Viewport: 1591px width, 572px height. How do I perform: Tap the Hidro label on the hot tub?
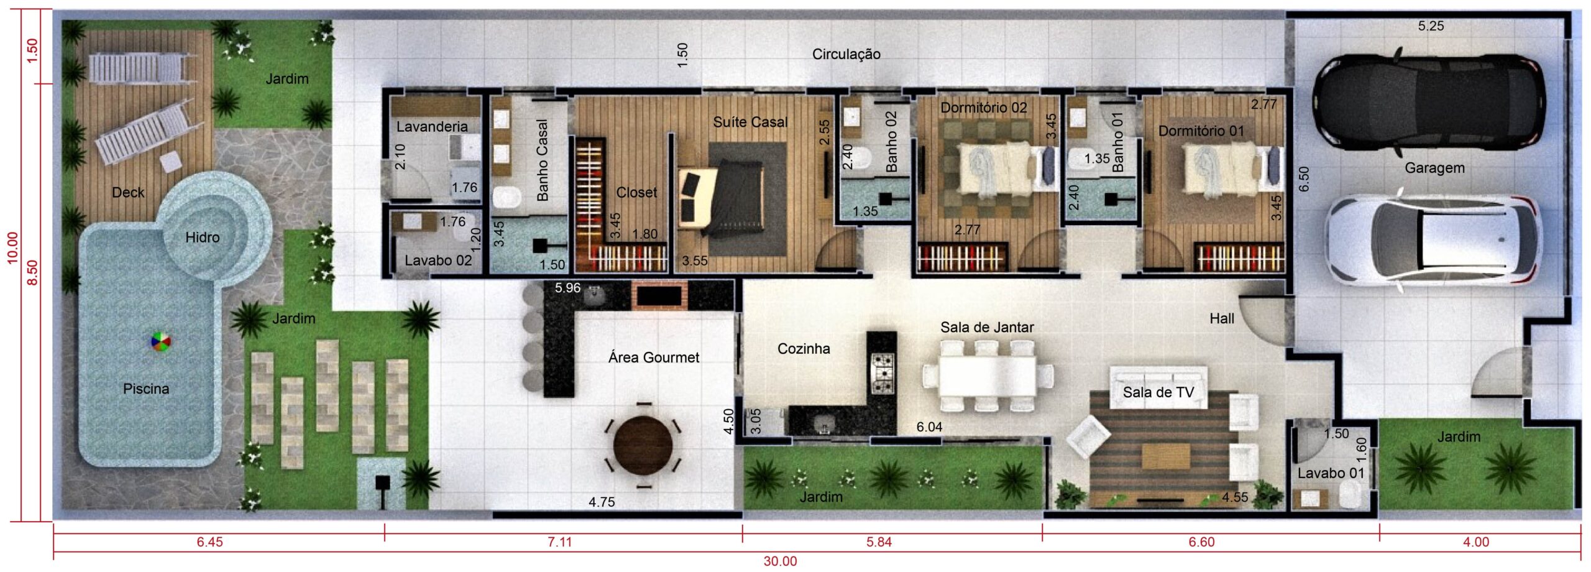click(203, 237)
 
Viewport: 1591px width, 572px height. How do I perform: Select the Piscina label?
click(146, 389)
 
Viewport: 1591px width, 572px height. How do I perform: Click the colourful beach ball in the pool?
click(160, 342)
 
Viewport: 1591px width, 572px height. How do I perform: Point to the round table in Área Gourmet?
click(643, 445)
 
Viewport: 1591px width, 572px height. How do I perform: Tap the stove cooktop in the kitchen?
click(883, 373)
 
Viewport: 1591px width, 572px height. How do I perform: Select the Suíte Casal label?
click(750, 122)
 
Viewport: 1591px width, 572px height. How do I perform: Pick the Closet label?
click(636, 193)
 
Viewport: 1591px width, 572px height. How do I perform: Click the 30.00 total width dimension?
click(780, 561)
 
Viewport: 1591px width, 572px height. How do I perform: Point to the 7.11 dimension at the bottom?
click(559, 542)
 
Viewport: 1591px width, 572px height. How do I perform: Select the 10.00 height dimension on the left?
click(12, 248)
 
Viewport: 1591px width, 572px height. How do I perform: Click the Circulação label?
click(846, 54)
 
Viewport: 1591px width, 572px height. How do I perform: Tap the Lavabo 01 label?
click(1331, 473)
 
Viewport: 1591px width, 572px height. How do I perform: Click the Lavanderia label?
click(432, 127)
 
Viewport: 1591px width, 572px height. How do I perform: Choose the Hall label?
click(1222, 318)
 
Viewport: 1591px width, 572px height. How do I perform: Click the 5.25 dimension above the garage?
click(1431, 26)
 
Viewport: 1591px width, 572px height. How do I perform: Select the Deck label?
click(128, 193)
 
